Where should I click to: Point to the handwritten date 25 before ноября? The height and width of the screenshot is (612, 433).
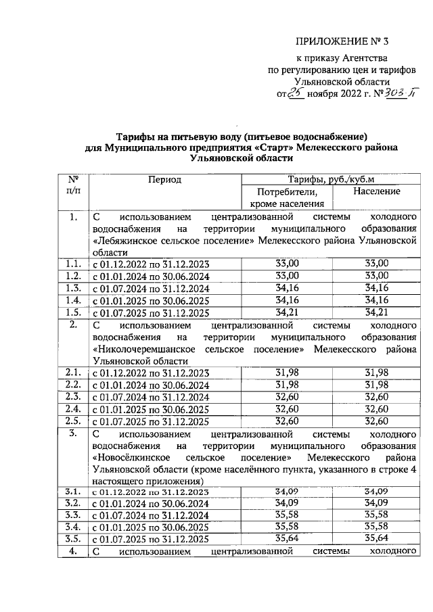pos(296,93)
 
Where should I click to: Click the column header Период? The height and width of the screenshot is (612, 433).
pos(165,180)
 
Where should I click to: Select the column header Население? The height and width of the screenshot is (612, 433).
pos(376,191)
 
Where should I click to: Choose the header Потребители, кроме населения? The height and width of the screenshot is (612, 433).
pos(288,197)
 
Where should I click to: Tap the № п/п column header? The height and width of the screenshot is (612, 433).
pos(74,185)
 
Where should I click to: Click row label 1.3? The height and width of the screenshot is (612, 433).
pos(74,287)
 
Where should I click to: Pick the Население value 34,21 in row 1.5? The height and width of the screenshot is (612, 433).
pos(376,312)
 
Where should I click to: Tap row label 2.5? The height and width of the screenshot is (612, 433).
pos(74,421)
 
